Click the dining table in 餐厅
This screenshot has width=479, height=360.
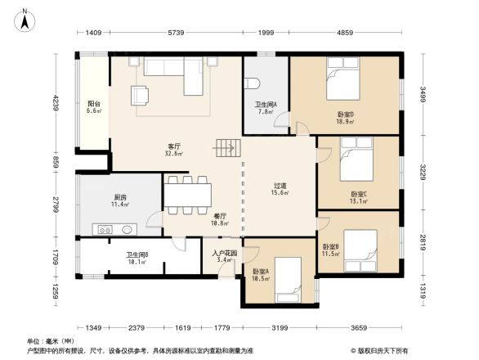[188, 194]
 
